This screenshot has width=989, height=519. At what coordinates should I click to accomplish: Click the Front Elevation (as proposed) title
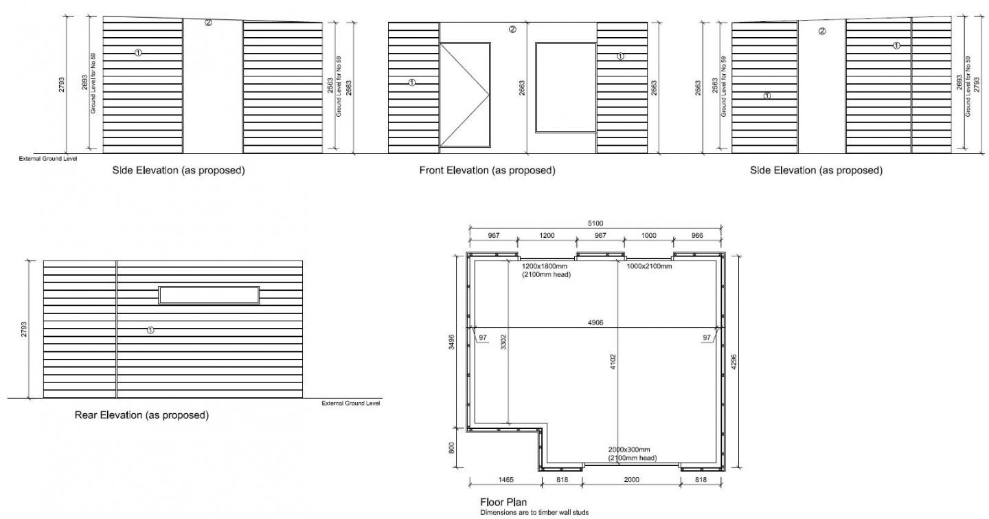487,170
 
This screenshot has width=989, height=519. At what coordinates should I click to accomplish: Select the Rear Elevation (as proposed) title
141,415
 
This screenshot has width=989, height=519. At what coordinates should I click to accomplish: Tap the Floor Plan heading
503,503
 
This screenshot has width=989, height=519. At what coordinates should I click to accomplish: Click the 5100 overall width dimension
595,223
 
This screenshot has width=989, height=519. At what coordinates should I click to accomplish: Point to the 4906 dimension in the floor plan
595,322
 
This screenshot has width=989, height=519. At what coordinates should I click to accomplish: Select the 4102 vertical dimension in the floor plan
613,362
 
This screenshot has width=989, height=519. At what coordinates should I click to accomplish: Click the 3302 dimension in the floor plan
504,342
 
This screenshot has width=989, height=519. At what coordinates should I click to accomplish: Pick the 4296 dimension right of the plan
734,362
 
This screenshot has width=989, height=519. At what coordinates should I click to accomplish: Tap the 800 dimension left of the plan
451,448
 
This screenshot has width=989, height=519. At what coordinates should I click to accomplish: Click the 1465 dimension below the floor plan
505,480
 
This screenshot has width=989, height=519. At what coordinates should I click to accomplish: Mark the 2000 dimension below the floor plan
631,480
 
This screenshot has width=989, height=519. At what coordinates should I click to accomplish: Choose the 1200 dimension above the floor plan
547,236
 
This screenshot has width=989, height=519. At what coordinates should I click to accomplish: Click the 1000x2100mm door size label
649,266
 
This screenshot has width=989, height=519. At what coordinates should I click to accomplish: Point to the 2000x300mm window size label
629,450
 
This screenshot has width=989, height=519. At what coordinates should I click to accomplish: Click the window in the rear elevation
209,296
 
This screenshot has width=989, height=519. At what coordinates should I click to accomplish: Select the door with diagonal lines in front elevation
465,95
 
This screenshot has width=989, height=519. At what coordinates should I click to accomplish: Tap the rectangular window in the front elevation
566,87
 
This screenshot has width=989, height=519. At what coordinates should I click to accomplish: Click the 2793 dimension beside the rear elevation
24,329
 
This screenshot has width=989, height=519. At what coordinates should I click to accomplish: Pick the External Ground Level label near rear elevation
350,404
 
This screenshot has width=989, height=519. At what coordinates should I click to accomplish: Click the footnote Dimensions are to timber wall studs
534,513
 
